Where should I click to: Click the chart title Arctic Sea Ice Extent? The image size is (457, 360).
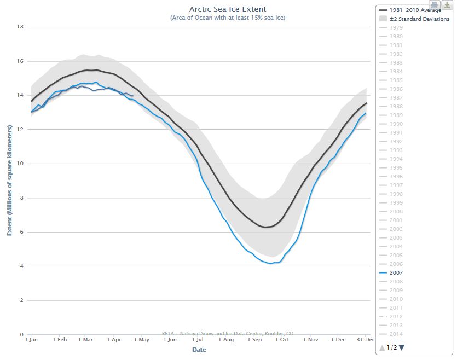[227, 9]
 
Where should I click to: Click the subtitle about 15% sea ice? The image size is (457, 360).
[227, 18]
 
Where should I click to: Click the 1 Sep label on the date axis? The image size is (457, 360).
[254, 340]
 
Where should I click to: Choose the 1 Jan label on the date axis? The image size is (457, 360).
[32, 340]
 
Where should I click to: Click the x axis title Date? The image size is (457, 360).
[199, 349]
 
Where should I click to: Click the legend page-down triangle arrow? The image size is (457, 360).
[402, 347]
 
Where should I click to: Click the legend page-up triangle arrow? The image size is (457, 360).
[382, 347]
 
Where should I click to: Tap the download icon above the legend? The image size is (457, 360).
[446, 5]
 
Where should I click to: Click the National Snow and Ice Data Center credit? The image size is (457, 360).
[228, 333]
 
